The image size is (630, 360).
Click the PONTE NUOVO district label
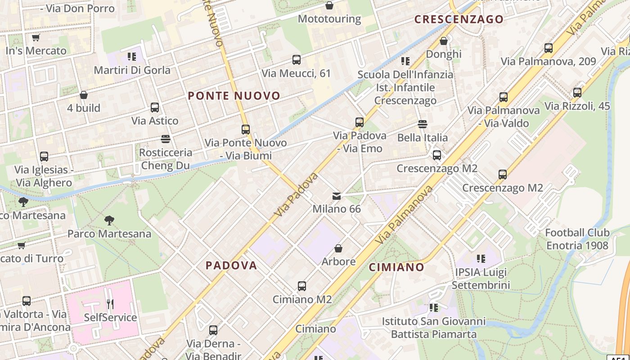coord(234,96)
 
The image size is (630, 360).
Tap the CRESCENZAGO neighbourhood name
coord(459,19)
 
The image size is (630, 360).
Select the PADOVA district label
coord(231,265)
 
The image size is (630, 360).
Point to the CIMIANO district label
coord(396,267)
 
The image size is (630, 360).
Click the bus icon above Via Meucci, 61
coord(296,60)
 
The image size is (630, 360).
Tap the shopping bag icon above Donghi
coord(444,41)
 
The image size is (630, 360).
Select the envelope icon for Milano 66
coord(337,196)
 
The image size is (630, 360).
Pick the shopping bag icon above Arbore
coord(338,248)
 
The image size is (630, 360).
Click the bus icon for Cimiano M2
coord(302,286)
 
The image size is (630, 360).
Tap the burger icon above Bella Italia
coord(422,124)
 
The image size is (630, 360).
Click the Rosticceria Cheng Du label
coord(165,159)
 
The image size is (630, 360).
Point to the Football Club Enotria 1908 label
coord(577,239)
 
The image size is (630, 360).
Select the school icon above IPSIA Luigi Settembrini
coord(481,259)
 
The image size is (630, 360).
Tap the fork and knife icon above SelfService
coord(110,304)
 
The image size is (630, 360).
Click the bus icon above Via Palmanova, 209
coord(549,48)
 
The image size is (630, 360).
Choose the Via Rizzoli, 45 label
coord(577,106)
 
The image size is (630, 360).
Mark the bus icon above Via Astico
coord(155,108)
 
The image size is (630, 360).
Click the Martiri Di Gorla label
coord(132,70)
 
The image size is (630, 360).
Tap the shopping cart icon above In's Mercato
coord(36,38)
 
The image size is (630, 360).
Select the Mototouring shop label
coord(329,19)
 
